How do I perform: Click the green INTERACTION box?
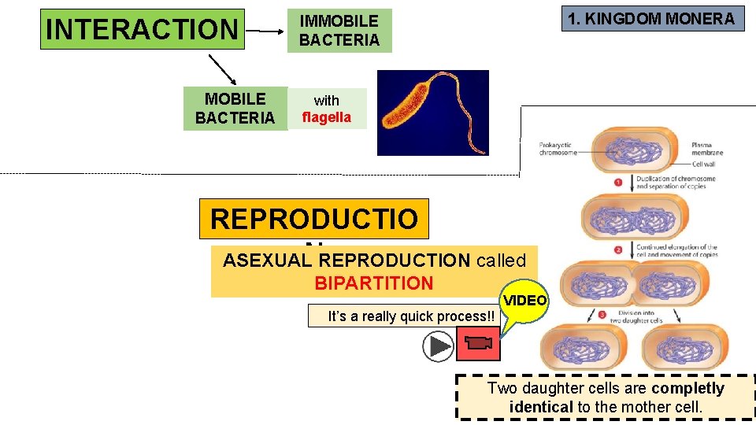tap(143, 29)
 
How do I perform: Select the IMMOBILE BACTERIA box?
tap(339, 31)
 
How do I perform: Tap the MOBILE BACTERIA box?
tap(235, 109)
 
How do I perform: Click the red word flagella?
tap(327, 118)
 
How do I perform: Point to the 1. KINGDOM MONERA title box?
tap(652, 19)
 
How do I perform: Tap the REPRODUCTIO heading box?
tap(313, 219)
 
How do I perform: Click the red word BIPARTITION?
tap(373, 283)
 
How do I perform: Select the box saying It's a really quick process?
tap(412, 316)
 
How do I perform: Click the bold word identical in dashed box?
tap(541, 407)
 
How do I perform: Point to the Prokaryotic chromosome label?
tap(558, 149)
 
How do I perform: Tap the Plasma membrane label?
tap(706, 149)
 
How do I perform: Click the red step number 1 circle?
tap(618, 182)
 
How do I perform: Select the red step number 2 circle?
tap(619, 251)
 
